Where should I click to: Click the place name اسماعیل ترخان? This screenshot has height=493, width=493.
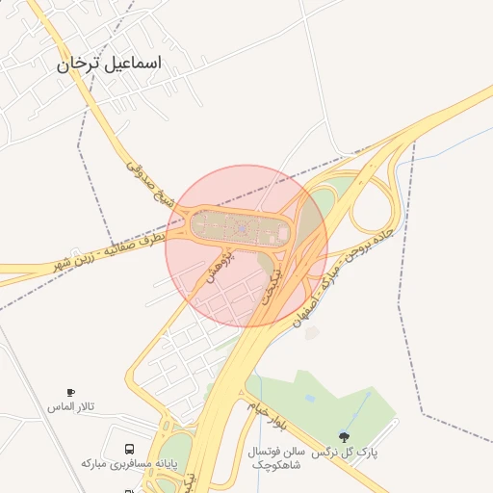click(x=109, y=65)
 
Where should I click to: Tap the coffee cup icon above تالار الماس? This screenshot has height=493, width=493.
click(x=70, y=393)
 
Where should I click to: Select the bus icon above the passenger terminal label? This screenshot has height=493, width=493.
click(x=128, y=449)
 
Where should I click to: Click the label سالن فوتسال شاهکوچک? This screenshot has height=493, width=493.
click(x=276, y=457)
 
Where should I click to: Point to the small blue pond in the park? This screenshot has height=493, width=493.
click(x=309, y=396)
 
